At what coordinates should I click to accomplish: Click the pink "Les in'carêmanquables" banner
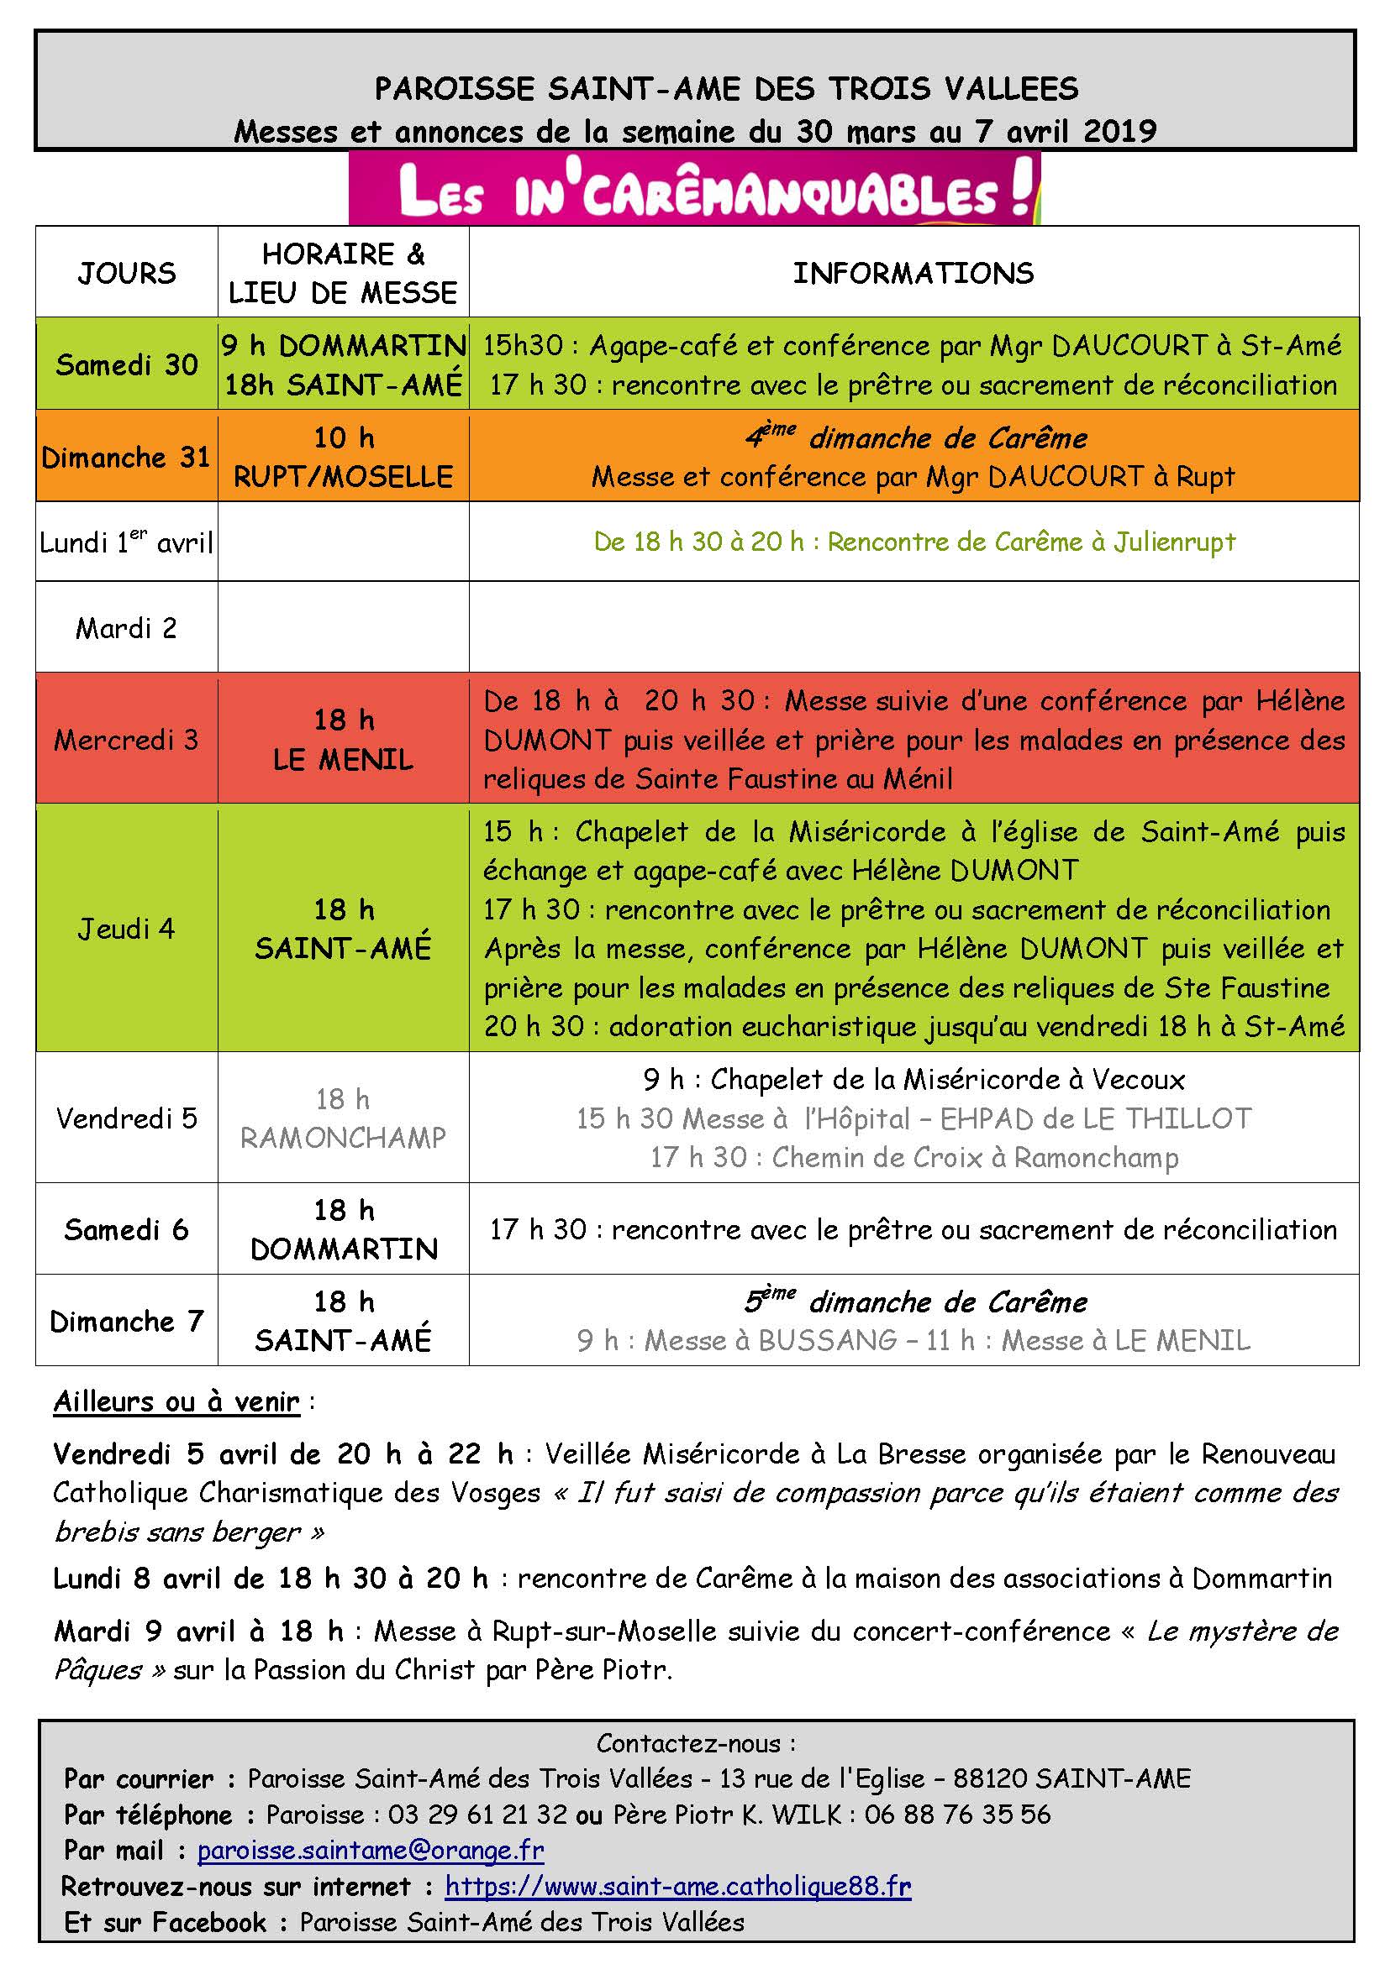[694, 190]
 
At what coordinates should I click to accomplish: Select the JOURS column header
[127, 273]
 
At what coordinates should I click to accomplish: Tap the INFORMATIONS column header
[914, 273]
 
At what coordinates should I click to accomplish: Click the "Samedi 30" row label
[127, 365]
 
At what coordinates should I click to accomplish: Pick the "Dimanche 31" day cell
[127, 458]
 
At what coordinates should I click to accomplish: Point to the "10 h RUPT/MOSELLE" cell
[343, 458]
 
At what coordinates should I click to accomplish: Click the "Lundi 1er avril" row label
[127, 542]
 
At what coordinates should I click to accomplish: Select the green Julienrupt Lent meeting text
[914, 542]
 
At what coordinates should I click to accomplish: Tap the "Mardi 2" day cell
[127, 629]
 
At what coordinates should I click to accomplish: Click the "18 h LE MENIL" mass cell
[343, 740]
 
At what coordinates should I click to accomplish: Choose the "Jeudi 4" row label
[127, 929]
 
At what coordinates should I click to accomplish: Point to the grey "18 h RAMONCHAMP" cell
[343, 1118]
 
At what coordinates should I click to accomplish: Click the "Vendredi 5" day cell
[127, 1118]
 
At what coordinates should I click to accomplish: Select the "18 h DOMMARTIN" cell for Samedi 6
[343, 1230]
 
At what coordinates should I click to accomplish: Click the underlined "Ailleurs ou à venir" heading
[176, 1402]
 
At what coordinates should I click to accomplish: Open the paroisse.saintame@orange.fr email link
[371, 1851]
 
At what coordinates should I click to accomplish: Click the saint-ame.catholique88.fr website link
[678, 1886]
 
